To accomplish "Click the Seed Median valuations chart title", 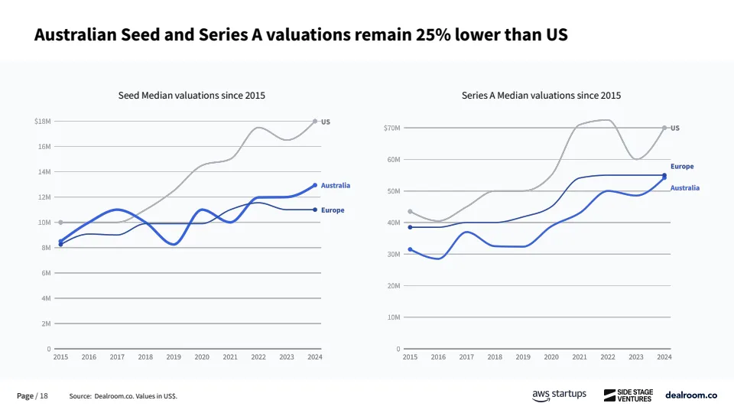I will [191, 96].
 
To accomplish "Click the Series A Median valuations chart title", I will [541, 96].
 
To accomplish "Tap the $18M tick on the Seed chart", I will [43, 122].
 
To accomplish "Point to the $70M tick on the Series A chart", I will [391, 128].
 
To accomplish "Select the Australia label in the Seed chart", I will [336, 186].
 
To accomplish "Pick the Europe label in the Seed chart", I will [333, 210].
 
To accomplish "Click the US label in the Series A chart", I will [675, 128].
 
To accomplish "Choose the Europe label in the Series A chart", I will [682, 167].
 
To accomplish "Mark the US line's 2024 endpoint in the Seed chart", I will [315, 121].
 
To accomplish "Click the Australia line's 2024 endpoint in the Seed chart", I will [315, 185].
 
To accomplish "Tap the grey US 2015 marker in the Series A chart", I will [411, 211].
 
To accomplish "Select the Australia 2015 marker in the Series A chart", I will [411, 249].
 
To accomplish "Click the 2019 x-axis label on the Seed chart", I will [174, 357].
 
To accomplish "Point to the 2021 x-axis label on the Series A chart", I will [580, 357].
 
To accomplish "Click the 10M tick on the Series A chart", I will [393, 317].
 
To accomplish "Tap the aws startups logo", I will [559, 395].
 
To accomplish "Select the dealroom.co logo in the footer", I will [690, 395].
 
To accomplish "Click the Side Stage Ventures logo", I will [628, 395].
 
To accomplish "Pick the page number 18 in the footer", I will [44, 396].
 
